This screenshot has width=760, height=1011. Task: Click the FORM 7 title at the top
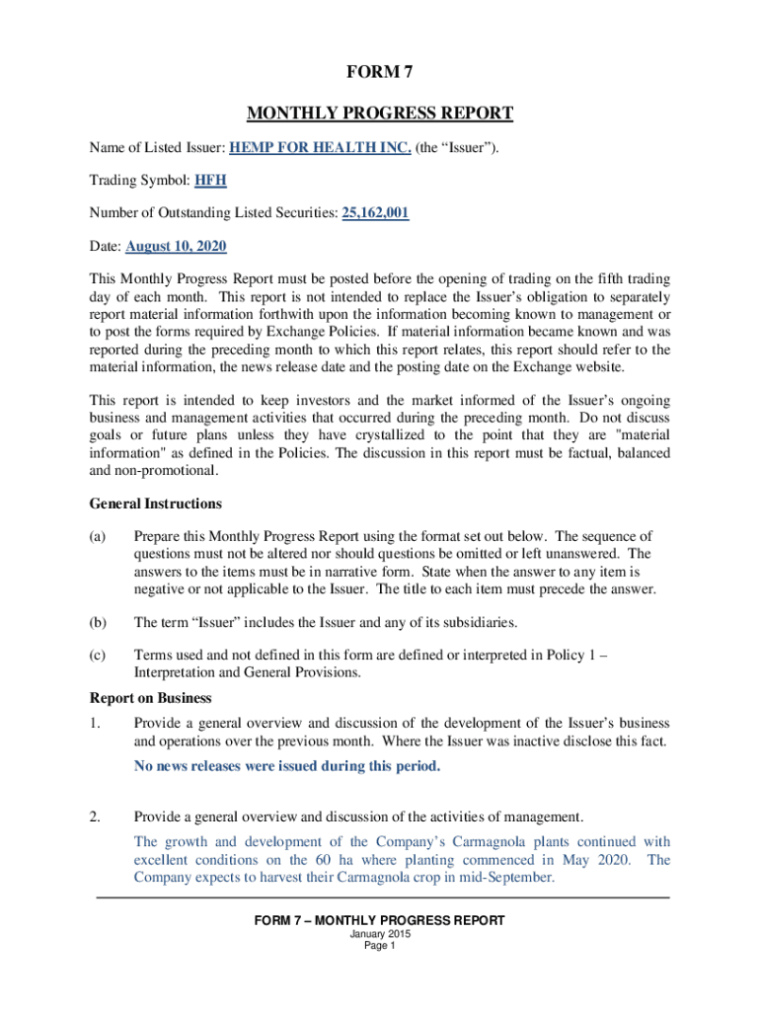(x=379, y=72)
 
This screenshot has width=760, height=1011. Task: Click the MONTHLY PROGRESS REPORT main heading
(x=379, y=114)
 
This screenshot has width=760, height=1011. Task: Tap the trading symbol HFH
(x=211, y=181)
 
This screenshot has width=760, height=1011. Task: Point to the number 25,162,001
(x=375, y=212)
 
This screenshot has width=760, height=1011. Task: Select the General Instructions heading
(x=155, y=504)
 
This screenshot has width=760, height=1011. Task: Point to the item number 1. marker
(x=96, y=724)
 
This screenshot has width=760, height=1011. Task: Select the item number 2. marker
(x=96, y=817)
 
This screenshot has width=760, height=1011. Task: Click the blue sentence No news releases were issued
(x=287, y=766)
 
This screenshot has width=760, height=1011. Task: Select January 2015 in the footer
(x=379, y=934)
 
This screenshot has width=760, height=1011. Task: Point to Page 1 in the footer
(x=379, y=946)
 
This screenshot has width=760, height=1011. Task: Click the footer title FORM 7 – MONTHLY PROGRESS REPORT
(x=379, y=920)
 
